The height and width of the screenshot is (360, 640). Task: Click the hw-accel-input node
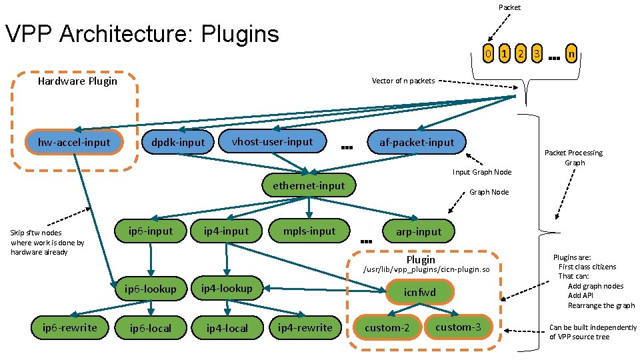point(74,142)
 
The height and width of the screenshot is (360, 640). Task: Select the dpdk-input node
point(178,143)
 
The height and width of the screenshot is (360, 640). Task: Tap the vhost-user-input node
point(272,141)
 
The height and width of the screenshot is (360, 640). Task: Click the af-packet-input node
point(417,142)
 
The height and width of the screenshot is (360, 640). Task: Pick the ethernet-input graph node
point(309,185)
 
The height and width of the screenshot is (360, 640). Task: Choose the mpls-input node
point(309,231)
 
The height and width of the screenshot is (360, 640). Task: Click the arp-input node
point(419,231)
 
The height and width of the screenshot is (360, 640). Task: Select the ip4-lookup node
point(227,288)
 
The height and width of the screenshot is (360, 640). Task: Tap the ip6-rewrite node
point(69,327)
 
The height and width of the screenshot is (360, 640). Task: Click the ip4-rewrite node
point(305,327)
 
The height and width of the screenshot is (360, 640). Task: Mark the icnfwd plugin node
point(420,292)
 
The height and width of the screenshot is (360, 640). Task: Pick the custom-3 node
point(458,327)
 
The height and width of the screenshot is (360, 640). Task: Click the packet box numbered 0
point(489,53)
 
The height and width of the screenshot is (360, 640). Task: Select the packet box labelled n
point(571,53)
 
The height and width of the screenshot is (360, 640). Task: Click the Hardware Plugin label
point(77,81)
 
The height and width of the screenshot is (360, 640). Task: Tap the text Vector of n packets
point(403,81)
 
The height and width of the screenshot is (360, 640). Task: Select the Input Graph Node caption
point(482,172)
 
